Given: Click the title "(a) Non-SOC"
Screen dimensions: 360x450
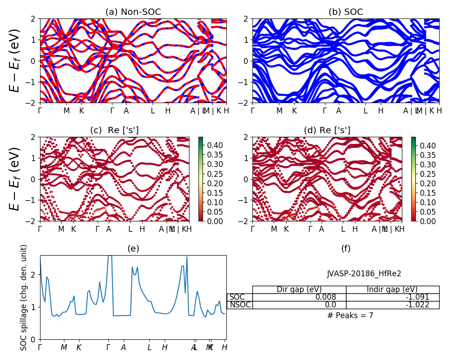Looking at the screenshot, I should tap(133, 12).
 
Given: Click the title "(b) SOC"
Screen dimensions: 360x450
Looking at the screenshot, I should tap(346, 12).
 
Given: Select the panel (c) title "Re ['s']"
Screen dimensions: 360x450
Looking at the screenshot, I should tap(114, 130).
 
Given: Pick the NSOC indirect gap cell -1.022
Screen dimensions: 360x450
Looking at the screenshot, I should tap(417, 305).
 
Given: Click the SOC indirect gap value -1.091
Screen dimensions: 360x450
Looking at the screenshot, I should tap(417, 297).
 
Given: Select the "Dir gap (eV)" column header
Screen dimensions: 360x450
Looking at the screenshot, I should tap(299, 289).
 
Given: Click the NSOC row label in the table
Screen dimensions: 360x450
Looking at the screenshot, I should tap(240, 305).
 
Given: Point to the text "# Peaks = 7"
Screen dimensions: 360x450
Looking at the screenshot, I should tap(350, 315).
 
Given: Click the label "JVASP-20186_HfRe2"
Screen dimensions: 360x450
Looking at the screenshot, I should tap(364, 274).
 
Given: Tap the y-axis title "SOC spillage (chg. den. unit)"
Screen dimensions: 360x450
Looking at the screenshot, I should tap(24, 297).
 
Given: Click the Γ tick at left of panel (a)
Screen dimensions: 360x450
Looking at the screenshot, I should tap(40, 111).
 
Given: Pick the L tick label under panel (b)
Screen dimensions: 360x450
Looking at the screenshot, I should tap(365, 111).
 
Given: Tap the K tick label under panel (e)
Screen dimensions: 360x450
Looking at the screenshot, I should tap(79, 347).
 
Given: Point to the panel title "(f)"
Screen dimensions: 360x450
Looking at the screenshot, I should tap(346, 249).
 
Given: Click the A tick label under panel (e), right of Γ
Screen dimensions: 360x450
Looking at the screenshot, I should tap(123, 347).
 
